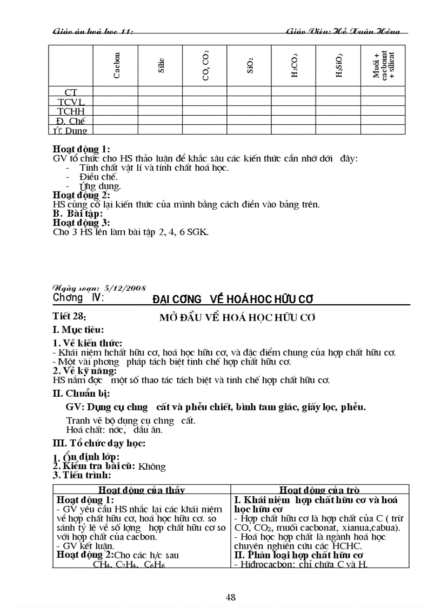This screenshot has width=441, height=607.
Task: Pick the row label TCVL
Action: point(71,102)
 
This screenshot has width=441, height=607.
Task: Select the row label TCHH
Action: point(71,111)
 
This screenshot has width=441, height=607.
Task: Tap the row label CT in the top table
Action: point(71,92)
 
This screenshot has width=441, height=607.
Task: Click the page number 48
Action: point(231,597)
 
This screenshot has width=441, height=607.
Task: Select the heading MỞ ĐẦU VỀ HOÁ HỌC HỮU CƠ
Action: point(237,317)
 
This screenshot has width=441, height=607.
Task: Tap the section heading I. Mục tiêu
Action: point(78,330)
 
